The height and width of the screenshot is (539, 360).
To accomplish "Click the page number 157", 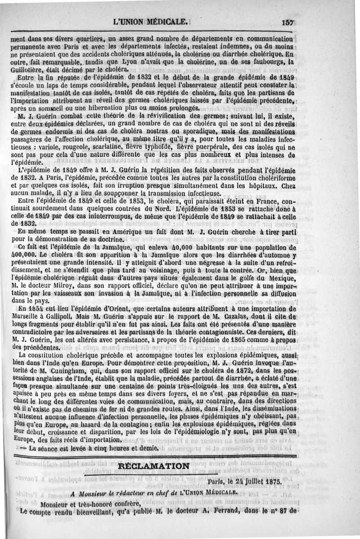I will click(287, 21).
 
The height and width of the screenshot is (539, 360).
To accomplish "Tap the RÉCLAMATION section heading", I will click(152, 466).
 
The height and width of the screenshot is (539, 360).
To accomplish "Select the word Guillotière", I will click(29, 70).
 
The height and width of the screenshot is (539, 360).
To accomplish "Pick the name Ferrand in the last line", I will click(237, 512).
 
